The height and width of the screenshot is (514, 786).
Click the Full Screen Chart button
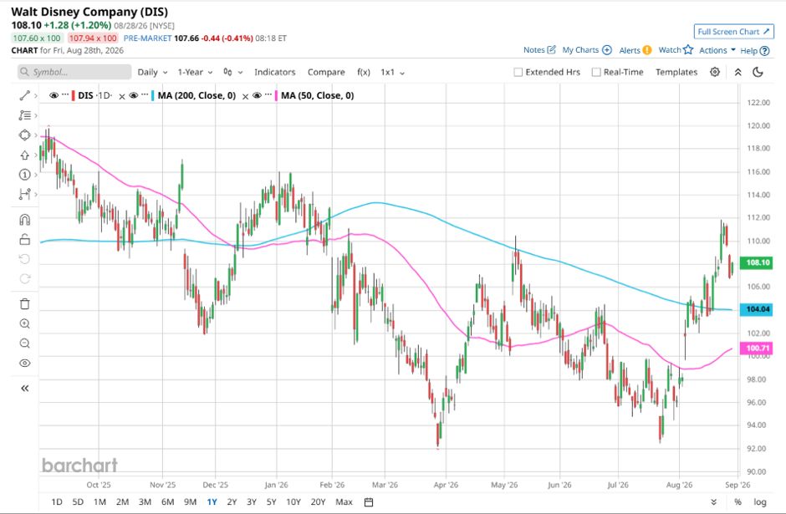(x=734, y=32)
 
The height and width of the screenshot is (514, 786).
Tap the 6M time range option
(x=167, y=502)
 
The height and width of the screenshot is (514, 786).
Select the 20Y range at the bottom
(x=318, y=502)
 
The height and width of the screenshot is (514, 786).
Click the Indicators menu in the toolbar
(x=275, y=72)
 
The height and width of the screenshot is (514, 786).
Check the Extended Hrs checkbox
(x=518, y=72)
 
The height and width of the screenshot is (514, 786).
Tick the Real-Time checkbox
(x=596, y=72)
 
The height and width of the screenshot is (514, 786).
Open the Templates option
(x=676, y=72)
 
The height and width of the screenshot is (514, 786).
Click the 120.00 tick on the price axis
(x=758, y=125)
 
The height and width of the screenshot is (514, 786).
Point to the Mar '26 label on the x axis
(x=385, y=485)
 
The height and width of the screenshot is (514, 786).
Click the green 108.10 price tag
(x=758, y=262)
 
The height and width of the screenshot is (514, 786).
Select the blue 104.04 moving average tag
(x=758, y=309)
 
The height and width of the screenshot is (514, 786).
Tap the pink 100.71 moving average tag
(x=758, y=349)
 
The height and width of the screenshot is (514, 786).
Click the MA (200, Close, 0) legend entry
(x=196, y=95)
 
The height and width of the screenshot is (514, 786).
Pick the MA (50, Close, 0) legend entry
(x=317, y=95)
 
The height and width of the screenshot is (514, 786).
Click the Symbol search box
(x=74, y=72)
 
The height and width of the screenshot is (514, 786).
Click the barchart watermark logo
(x=79, y=466)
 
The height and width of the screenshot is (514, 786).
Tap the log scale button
(x=760, y=502)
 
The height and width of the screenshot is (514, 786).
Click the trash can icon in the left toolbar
(x=24, y=304)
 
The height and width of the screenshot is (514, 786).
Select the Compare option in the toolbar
(x=326, y=72)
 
